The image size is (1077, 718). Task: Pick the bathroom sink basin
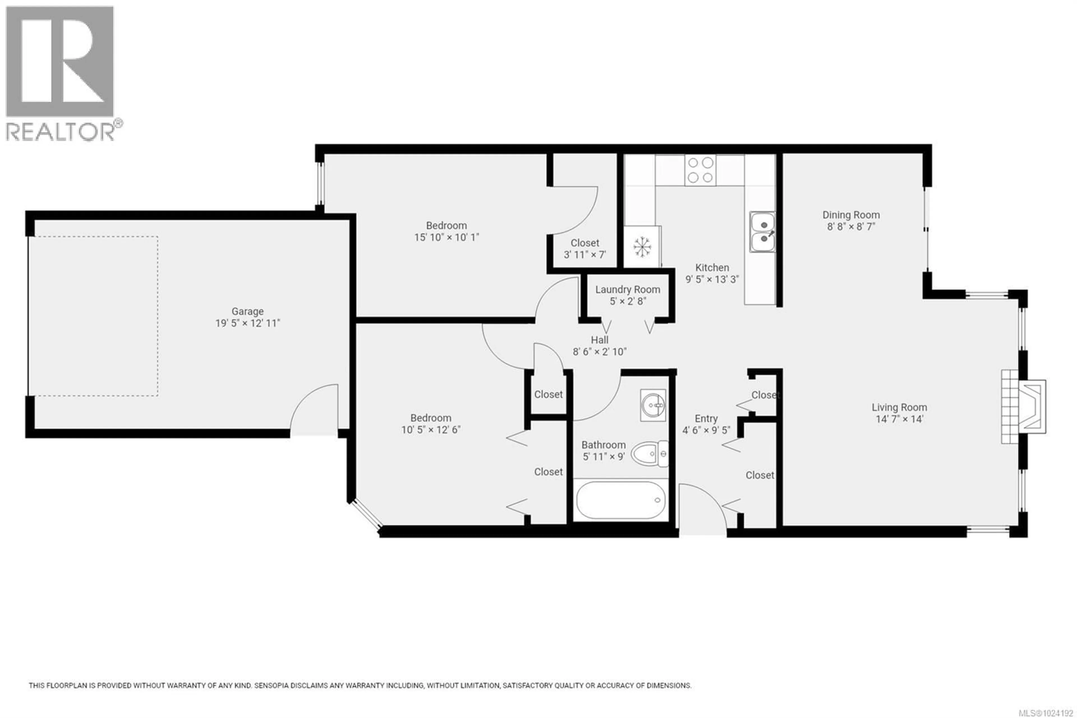(653, 405)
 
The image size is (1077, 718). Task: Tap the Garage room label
(248, 311)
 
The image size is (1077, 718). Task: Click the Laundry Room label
(627, 289)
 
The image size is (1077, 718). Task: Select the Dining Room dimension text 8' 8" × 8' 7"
(851, 227)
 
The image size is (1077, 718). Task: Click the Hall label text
(599, 340)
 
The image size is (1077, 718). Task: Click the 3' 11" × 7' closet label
(585, 255)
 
